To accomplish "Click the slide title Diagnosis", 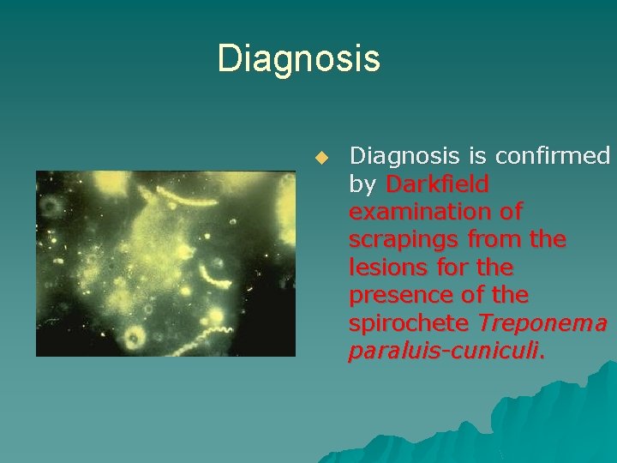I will pos(298,59).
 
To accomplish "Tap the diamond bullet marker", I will pos(321,158).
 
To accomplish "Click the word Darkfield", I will pos(437,183).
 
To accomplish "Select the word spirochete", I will pos(410,323).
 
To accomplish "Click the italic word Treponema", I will pos(543,323).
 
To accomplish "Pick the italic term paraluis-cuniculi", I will pos(445,352).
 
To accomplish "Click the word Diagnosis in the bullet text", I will pos(405,156).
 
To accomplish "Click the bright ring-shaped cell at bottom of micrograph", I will pos(134,337).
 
